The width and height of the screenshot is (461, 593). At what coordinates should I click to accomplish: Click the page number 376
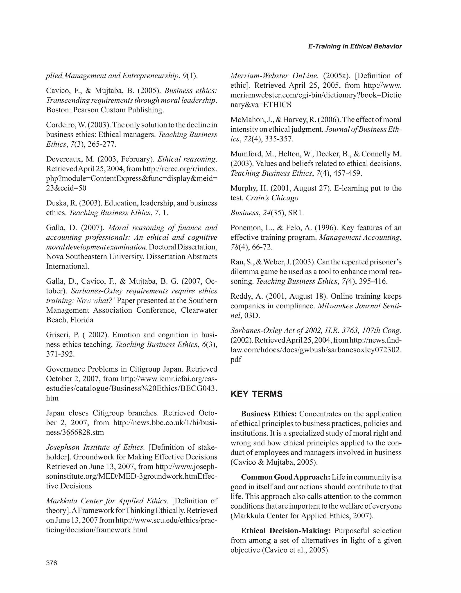(52, 563)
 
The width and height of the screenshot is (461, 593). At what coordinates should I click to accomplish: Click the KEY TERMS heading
(256, 394)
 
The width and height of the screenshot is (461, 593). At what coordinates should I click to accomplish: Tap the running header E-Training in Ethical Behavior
(355, 46)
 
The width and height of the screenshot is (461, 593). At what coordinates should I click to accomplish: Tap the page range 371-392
(60, 354)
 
